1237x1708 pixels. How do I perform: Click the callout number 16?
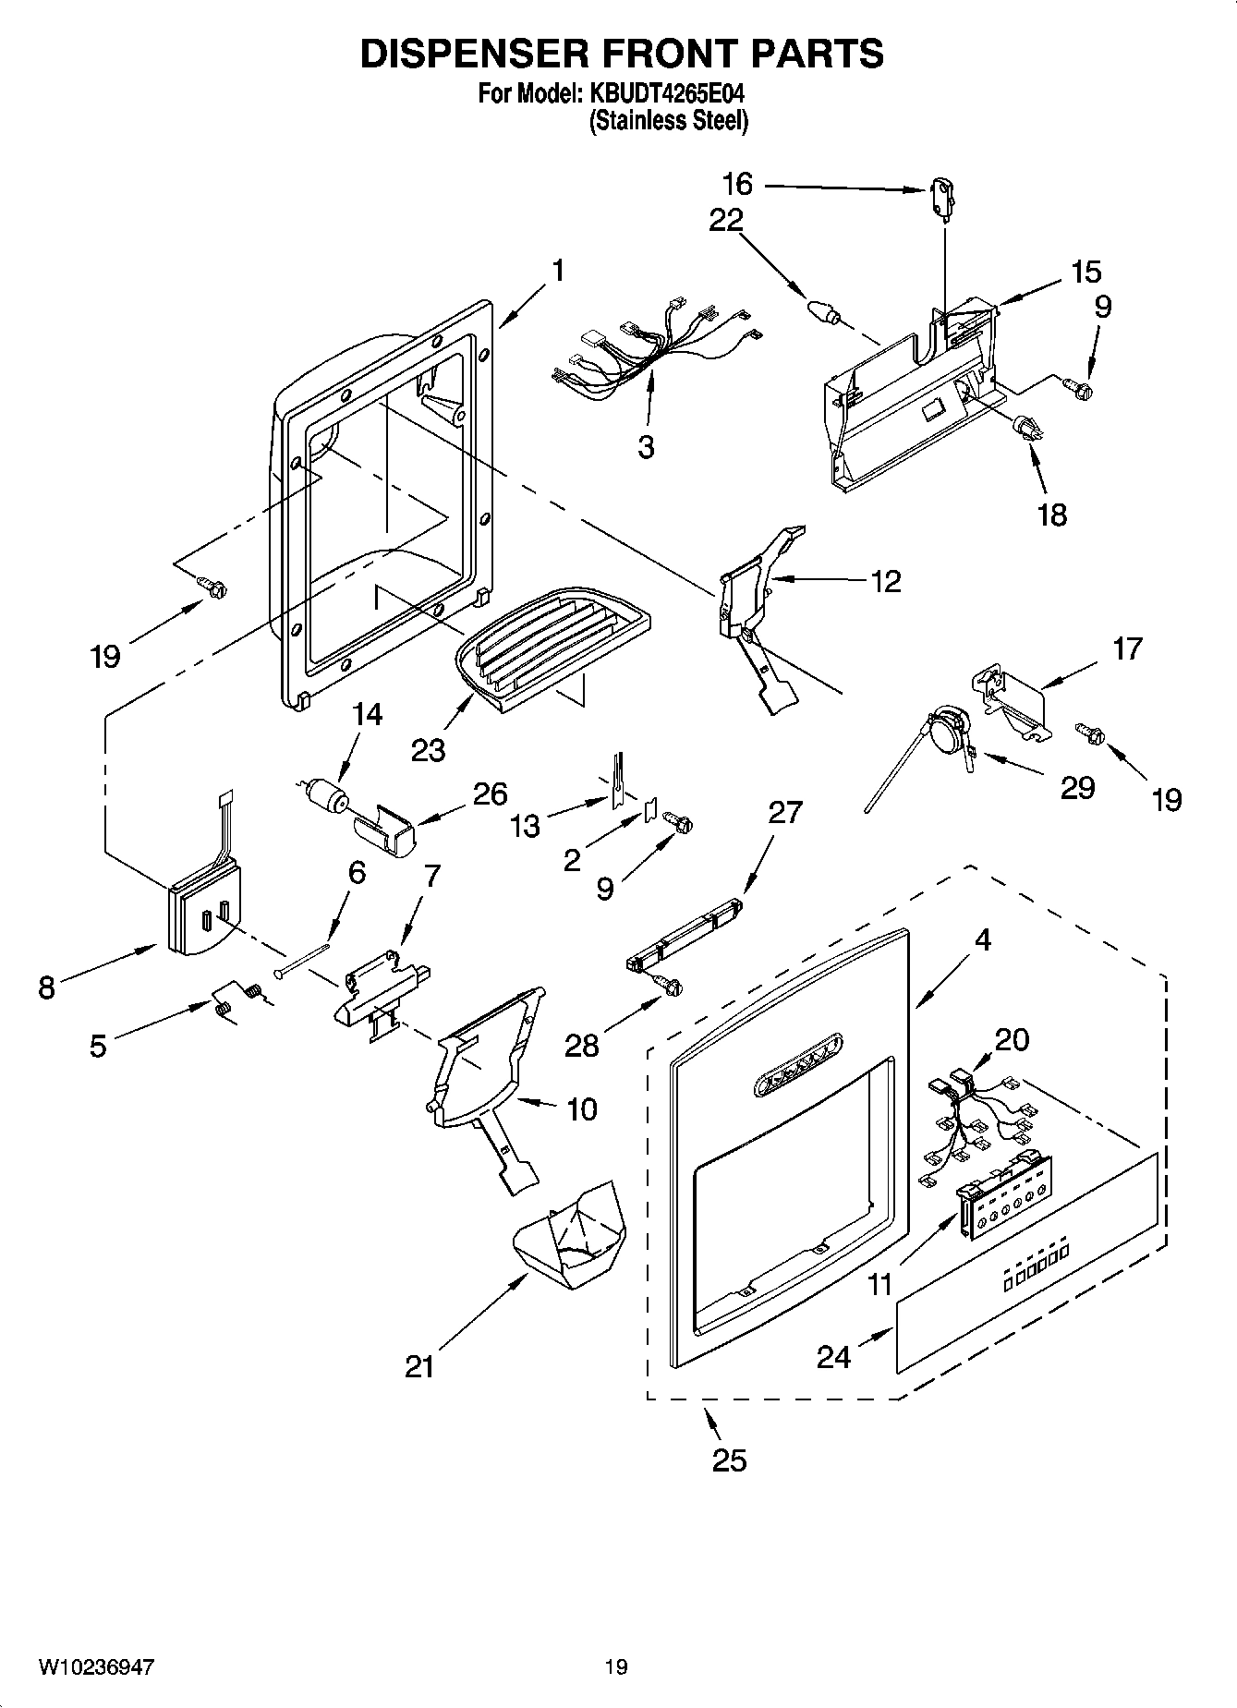(x=737, y=184)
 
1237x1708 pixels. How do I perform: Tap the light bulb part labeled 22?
(x=822, y=310)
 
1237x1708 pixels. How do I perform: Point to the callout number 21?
(x=419, y=1366)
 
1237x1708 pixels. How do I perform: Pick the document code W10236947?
(x=96, y=1666)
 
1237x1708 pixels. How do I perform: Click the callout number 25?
(x=729, y=1460)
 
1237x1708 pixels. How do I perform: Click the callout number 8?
(x=46, y=987)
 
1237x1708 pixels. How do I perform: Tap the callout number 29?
(x=1076, y=787)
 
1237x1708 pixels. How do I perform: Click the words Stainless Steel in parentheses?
(x=669, y=120)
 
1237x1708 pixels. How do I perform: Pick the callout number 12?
(x=885, y=581)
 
